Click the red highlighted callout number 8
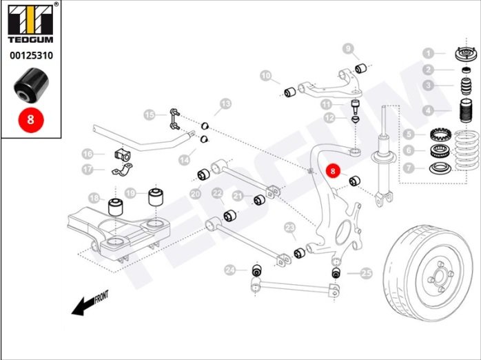click(x=333, y=170)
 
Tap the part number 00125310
click(x=30, y=55)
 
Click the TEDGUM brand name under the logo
click(x=30, y=39)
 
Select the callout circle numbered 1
click(x=429, y=53)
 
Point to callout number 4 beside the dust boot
click(x=429, y=110)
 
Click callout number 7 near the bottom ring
click(x=429, y=168)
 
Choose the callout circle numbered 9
click(x=349, y=48)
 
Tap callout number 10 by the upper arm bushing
click(x=267, y=75)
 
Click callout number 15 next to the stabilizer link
click(x=149, y=114)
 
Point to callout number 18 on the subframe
click(x=94, y=198)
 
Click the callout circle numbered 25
click(x=366, y=274)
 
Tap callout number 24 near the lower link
click(x=230, y=270)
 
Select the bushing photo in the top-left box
click(x=30, y=85)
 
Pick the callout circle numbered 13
click(x=225, y=106)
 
